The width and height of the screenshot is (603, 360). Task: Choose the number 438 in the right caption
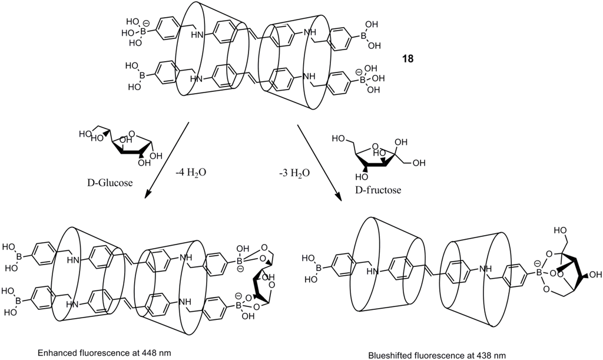click(x=482, y=355)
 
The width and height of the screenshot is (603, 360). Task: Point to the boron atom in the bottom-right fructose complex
click(x=537, y=273)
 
